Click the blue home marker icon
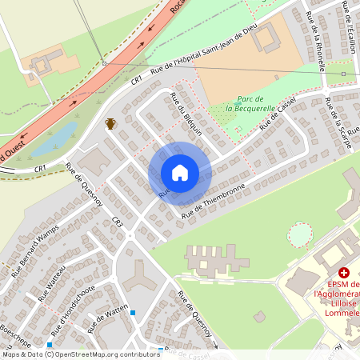[179, 173]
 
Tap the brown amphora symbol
[110, 123]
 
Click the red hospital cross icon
[343, 273]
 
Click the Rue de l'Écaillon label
[349, 28]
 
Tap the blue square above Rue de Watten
[133, 313]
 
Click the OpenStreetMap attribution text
[80, 354]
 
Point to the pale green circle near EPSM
[299, 235]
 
